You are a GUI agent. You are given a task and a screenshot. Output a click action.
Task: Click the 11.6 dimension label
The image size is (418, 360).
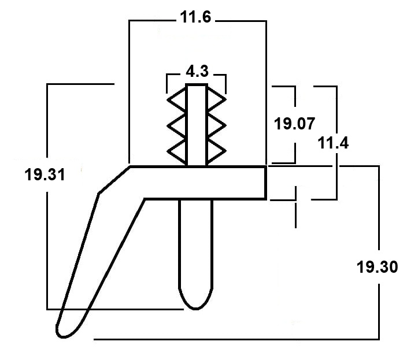(x=195, y=17)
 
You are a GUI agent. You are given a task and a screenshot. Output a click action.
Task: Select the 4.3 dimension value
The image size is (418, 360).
(x=197, y=72)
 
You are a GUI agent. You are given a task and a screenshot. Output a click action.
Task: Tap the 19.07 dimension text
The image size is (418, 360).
(x=294, y=124)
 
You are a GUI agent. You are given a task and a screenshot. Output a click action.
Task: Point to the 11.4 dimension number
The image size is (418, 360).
(x=333, y=143)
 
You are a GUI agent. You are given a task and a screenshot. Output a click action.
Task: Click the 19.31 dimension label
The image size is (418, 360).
(x=45, y=175)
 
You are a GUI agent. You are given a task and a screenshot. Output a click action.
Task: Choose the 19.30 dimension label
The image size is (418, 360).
(x=377, y=267)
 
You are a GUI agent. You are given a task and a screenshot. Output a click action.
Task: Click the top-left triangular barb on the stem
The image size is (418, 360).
(x=176, y=100)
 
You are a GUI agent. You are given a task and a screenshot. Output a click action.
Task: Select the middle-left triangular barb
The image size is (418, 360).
(x=176, y=125)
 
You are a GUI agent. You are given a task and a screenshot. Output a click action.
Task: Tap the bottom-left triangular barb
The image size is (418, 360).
(x=176, y=151)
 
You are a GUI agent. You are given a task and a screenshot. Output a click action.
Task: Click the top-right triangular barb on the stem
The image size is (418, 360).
(x=216, y=99)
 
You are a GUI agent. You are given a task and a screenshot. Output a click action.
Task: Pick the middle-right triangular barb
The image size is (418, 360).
(x=216, y=125)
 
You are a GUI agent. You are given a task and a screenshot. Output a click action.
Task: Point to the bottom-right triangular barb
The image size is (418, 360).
(x=216, y=151)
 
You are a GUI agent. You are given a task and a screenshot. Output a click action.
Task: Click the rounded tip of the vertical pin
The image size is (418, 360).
(x=195, y=309)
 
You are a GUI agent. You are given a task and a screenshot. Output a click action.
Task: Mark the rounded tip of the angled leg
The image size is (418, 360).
(x=62, y=336)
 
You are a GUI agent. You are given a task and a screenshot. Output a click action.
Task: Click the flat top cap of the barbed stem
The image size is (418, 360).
(x=197, y=85)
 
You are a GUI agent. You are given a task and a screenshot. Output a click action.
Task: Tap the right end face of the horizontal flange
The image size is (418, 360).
(x=265, y=183)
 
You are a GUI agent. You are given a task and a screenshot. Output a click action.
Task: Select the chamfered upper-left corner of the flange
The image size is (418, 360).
(x=114, y=180)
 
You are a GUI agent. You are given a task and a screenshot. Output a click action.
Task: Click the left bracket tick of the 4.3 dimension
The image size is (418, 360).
(x=167, y=84)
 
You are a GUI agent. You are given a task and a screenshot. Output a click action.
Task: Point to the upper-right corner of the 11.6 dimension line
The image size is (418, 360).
(x=266, y=21)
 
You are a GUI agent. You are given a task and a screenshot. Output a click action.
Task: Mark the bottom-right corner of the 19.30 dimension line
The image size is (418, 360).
(x=379, y=339)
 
